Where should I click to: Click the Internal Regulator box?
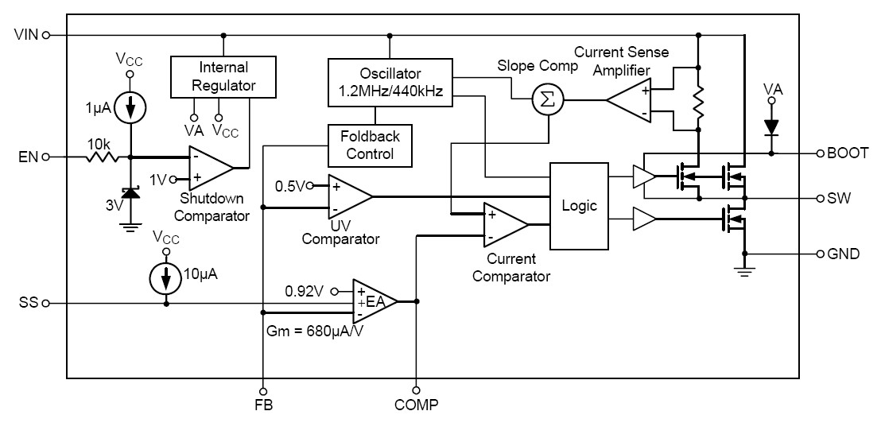click(x=223, y=76)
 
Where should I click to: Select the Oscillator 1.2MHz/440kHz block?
click(x=390, y=83)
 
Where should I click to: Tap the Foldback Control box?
click(x=371, y=145)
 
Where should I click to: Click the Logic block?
click(x=579, y=205)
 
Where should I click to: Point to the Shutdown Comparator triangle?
click(x=209, y=168)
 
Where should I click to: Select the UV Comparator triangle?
click(x=348, y=196)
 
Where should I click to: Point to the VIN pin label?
click(x=26, y=35)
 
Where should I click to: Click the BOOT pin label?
click(x=845, y=153)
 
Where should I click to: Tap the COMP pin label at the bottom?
click(x=415, y=405)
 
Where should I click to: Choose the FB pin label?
click(x=262, y=405)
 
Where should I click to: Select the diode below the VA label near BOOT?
click(x=770, y=127)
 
